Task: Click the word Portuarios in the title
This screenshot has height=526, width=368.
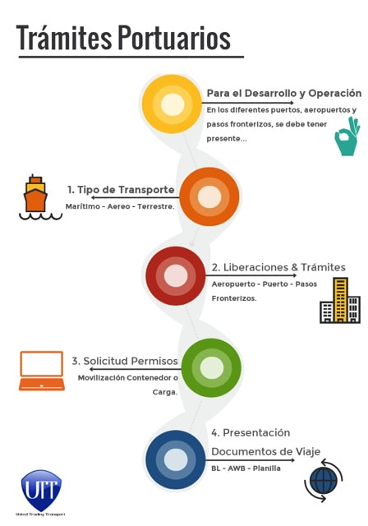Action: tap(174, 38)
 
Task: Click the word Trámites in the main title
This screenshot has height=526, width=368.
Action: tap(64, 38)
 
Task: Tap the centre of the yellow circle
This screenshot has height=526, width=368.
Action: tap(172, 104)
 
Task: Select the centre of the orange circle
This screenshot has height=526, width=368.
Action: tap(209, 196)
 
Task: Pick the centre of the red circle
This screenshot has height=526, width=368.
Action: tap(176, 276)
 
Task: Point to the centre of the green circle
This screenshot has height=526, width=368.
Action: tap(211, 367)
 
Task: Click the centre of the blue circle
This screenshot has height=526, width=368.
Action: tap(176, 459)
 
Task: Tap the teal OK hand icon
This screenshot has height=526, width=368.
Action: tap(347, 136)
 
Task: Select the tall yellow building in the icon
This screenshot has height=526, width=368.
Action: tap(340, 300)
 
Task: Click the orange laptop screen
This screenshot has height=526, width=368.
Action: tap(42, 363)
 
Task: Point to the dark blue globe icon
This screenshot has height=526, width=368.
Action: tap(324, 481)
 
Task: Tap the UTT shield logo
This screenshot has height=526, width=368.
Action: tap(41, 490)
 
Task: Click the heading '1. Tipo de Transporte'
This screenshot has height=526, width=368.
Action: tap(121, 190)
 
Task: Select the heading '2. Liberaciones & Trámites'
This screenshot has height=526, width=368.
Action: tap(278, 267)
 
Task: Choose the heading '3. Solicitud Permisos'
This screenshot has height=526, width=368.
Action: tap(125, 361)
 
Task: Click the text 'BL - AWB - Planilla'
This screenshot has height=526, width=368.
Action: tap(246, 468)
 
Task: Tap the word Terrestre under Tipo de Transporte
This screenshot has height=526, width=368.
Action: tap(156, 206)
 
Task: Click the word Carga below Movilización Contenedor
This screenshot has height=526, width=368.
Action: tap(165, 392)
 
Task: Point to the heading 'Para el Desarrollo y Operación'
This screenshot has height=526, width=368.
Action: tap(284, 93)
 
